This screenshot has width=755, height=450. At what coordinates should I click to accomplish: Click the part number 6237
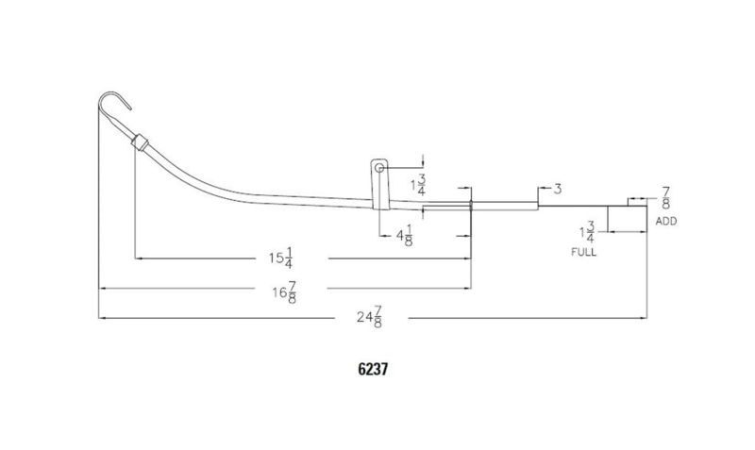pos(373,369)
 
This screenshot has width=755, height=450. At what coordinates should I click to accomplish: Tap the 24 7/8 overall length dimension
pos(369,318)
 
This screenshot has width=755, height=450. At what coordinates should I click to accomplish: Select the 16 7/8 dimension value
pos(285,292)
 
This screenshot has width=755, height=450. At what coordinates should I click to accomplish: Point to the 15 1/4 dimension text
pos(281,258)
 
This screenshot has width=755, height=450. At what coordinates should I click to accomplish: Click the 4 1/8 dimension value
pos(405,235)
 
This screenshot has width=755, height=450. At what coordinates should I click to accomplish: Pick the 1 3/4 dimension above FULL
pos(587,232)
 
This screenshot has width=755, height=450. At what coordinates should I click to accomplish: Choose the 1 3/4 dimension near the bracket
pos(418,185)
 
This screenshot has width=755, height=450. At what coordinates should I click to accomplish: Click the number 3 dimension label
pos(557,189)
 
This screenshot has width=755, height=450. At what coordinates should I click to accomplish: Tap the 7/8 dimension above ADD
pos(665,198)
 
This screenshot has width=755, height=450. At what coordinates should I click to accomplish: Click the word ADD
pos(666,222)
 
